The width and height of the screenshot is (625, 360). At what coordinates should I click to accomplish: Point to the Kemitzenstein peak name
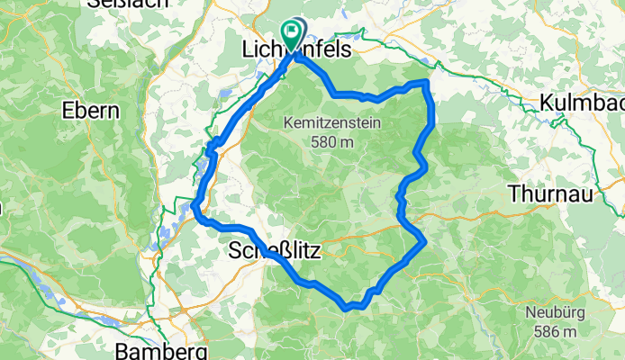click(x=332, y=123)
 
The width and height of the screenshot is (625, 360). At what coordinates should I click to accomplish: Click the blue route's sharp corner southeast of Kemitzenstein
click(x=422, y=241)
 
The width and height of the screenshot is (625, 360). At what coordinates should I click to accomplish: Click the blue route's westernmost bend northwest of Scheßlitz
click(x=195, y=211)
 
